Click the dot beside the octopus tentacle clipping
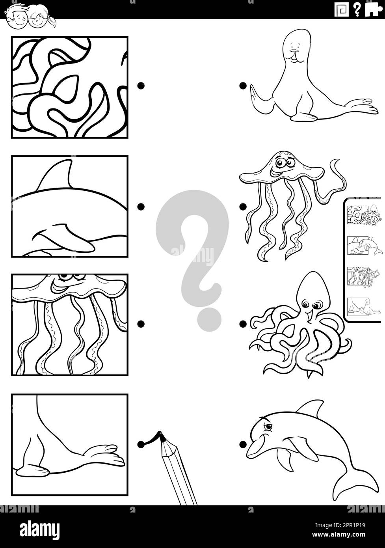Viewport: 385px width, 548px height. (141, 86)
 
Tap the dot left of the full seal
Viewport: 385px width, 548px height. (243, 86)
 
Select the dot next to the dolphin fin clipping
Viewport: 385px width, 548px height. (141, 206)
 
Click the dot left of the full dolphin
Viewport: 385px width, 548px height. (243, 444)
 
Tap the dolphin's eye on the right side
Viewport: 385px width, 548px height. (268, 427)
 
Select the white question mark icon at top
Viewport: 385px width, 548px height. (357, 9)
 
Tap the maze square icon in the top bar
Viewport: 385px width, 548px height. (341, 9)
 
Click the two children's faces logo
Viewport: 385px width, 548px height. (30, 15)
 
